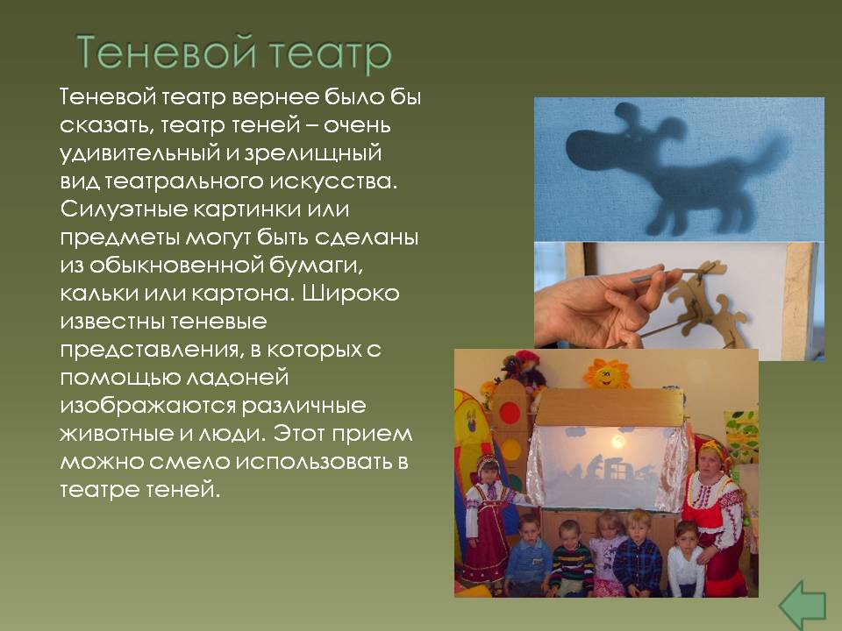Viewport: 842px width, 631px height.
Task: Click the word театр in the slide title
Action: pos(330,53)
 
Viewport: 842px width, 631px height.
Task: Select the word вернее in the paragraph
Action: pos(275,97)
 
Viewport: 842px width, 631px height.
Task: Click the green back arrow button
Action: pos(803,605)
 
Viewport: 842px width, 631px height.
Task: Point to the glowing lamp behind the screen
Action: pos(617,441)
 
